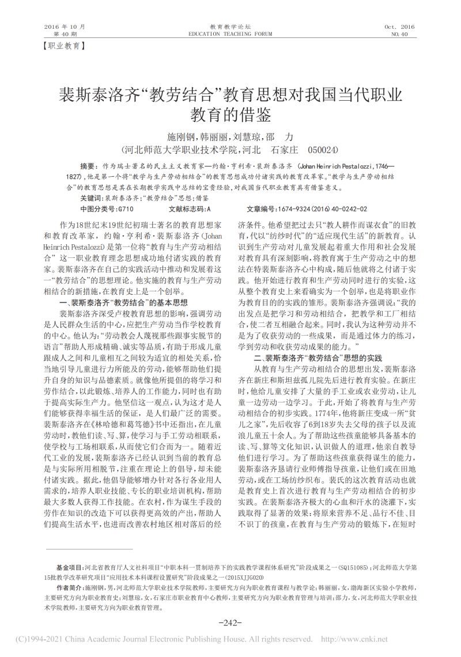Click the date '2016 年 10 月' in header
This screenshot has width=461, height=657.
[x=64, y=26]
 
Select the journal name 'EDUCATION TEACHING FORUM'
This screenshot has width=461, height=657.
[x=230, y=34]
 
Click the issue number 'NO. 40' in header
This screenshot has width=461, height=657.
[x=399, y=34]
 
